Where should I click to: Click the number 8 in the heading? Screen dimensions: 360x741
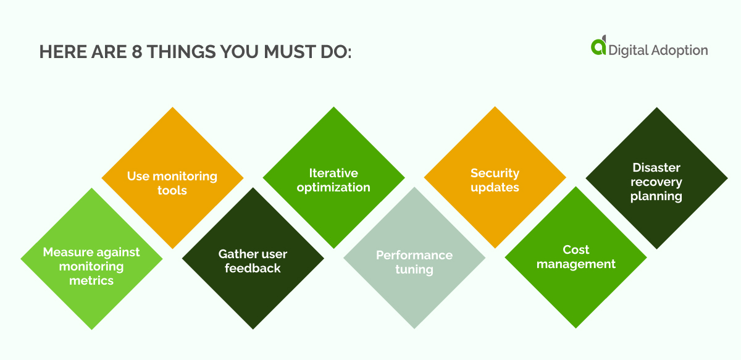pos(139,52)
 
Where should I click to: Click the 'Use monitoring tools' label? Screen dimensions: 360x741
pos(172,183)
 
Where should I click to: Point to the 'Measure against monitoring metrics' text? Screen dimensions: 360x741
pos(91,266)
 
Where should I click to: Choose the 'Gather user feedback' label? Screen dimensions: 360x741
pos(253,261)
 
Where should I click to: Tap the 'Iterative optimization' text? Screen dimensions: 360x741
pos(333,180)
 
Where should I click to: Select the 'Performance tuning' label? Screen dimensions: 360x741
pos(414,262)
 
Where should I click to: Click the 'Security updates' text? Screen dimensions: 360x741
pos(495,180)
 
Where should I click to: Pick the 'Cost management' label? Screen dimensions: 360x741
pos(576,257)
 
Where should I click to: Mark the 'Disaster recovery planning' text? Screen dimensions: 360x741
pos(656,182)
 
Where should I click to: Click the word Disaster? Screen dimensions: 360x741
pos(656,168)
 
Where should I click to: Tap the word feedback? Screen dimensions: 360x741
pos(253,269)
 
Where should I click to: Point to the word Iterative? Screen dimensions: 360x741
pos(333,173)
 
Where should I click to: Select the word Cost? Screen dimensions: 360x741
pos(576,249)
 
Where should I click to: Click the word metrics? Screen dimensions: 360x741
pos(91,280)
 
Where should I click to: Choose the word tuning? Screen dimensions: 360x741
pos(414,270)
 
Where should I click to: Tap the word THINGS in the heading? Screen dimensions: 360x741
pos(181,52)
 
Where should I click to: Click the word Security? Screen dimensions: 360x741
pos(495,173)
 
